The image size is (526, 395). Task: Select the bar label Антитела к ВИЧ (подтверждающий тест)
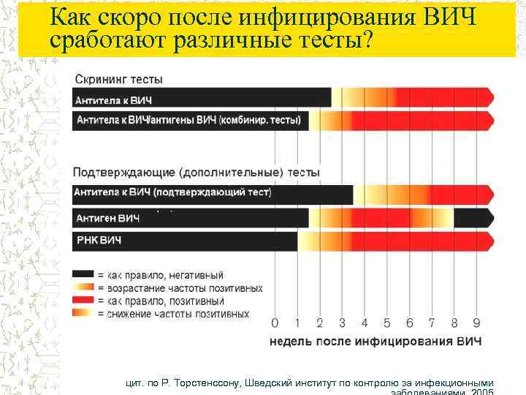172,193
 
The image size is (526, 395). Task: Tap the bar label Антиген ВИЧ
108,218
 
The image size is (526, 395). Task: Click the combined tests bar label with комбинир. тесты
190,120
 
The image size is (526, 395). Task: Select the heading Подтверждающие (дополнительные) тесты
196,173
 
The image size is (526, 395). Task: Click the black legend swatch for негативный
83,275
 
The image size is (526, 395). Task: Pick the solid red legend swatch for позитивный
83,301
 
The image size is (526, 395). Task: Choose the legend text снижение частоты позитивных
178,314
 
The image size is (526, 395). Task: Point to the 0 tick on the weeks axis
275,323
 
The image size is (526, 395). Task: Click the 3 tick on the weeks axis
342,323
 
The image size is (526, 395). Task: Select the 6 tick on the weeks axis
409,323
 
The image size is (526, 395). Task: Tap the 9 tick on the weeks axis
476,323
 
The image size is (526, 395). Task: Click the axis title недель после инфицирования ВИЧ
376,341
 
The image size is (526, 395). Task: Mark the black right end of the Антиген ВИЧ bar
472,218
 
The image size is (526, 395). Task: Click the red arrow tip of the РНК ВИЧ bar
488,241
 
